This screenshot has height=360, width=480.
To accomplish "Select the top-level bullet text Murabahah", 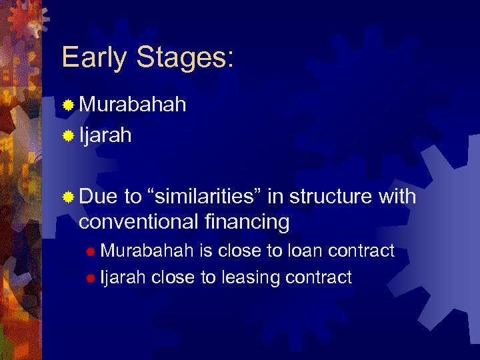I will (133, 105).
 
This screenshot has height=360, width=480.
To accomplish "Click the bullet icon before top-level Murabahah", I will (68, 105).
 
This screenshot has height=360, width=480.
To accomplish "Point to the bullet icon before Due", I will (68, 197).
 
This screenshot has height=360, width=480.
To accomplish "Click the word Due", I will (98, 197).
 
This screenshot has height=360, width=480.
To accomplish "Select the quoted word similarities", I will (209, 197).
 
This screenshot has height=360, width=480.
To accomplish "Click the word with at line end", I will (397, 197).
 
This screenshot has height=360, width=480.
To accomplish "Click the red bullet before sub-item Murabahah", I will (91, 251).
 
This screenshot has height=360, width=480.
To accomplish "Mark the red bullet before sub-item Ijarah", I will (91, 278).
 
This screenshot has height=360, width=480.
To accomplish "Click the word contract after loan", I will (361, 251).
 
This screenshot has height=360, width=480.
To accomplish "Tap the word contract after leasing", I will (318, 277).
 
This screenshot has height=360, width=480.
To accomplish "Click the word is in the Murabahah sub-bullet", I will (206, 251).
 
